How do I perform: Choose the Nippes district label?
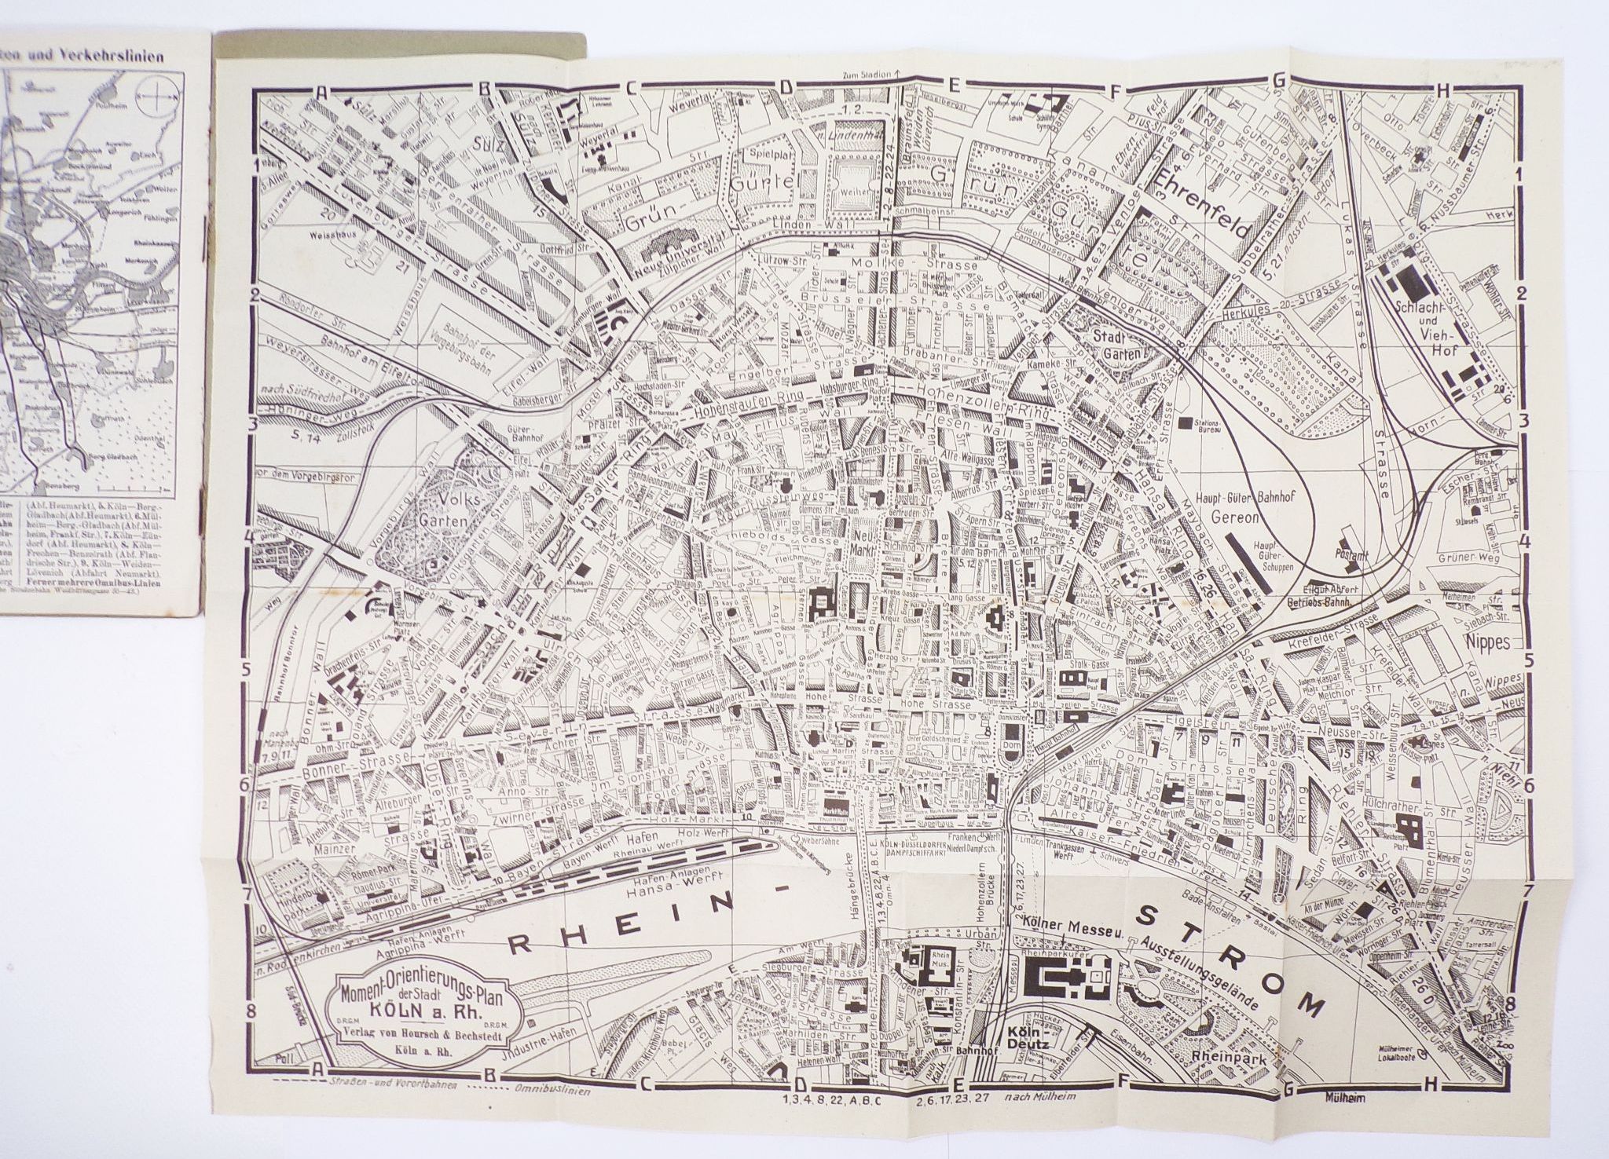point(1487,642)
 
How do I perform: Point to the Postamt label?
point(1351,554)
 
